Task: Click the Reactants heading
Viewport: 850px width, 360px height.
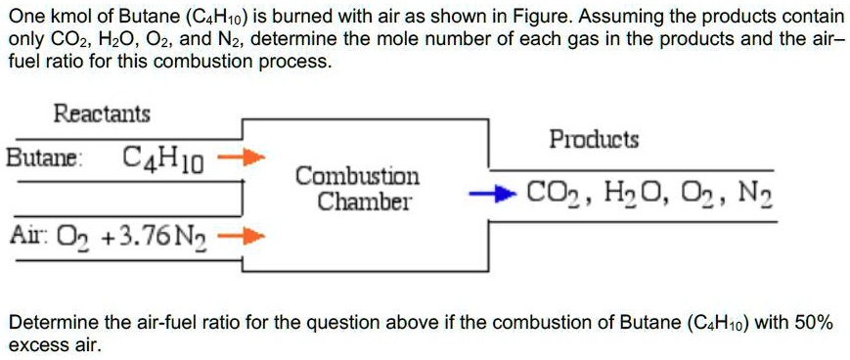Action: point(102,113)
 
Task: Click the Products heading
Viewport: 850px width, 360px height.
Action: point(594,140)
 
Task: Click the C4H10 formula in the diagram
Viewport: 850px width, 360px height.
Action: point(163,157)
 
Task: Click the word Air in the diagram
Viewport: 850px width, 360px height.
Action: point(22,237)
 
